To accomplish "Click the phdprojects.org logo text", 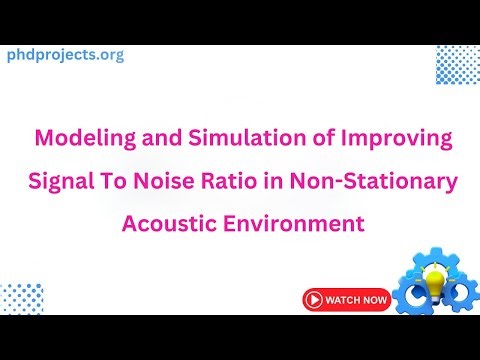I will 66,55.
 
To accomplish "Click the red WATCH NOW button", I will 346,299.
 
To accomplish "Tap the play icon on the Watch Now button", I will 315,299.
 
